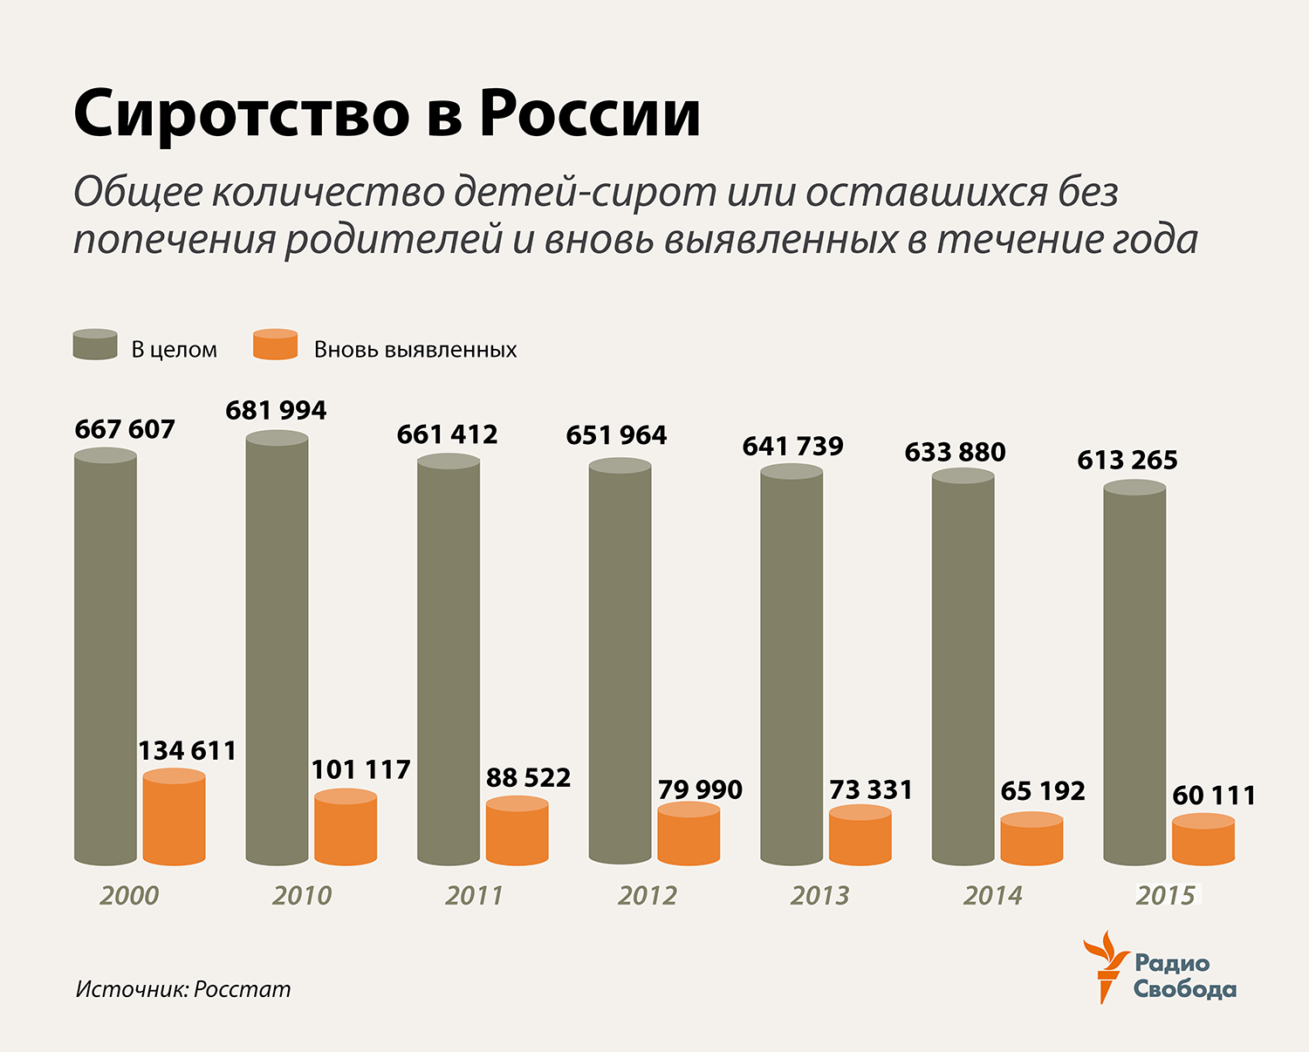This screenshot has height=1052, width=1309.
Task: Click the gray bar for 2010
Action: pos(277,650)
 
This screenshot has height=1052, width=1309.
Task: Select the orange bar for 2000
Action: pos(174,818)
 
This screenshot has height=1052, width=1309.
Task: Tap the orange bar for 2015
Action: pos(1203,840)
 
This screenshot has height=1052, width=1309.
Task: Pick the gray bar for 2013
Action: pos(792,667)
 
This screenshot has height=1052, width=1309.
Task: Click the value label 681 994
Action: pos(276,410)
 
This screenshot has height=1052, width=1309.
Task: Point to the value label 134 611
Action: pos(188,750)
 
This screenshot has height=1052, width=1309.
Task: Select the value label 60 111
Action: pos(1214,796)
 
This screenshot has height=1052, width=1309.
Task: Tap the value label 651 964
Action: pos(616,434)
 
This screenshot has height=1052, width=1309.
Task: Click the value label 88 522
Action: pos(528,777)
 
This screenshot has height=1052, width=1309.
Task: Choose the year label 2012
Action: pos(647,896)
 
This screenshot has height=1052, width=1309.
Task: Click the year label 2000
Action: pos(129,896)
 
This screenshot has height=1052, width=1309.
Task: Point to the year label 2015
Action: pos(1165,896)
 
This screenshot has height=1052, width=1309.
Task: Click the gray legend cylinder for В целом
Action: pos(95,345)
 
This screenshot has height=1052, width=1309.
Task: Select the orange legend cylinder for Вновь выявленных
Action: pos(275,345)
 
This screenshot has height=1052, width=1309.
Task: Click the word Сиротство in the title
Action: pos(242,114)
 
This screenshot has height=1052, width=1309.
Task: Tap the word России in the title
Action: pos(590,114)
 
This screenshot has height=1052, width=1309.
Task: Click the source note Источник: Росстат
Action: pos(183,989)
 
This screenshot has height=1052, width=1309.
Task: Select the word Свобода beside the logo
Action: pos(1184,990)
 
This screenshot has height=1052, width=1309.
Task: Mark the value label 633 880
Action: pos(955,452)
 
